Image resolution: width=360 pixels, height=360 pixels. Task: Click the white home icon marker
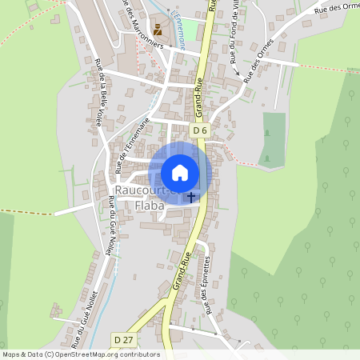point(180,173)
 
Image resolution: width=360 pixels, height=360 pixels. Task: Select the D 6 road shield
point(199,130)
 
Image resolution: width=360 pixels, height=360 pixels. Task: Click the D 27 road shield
point(123,340)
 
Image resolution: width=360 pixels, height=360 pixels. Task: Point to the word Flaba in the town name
point(149,206)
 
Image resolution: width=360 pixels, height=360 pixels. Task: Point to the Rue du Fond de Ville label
point(233,36)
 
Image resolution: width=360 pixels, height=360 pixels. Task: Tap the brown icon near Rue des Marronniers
point(158,30)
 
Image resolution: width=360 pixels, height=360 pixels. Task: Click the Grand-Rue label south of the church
point(181,270)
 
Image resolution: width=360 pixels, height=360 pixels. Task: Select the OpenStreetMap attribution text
point(80,354)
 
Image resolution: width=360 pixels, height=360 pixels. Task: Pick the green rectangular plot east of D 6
point(274,139)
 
